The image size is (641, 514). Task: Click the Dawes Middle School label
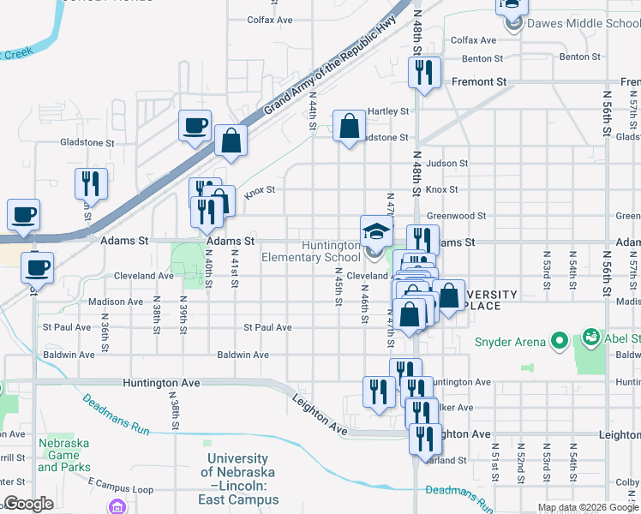[x=580, y=24]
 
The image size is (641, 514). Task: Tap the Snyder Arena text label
[x=510, y=342]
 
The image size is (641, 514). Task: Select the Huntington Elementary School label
[x=311, y=251]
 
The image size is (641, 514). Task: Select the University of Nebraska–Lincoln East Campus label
[x=237, y=479]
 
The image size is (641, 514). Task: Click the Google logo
[x=28, y=504]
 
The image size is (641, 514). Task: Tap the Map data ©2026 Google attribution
[x=587, y=507]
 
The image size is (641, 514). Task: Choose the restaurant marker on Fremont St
[x=424, y=75]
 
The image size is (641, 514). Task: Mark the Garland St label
[x=451, y=460]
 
